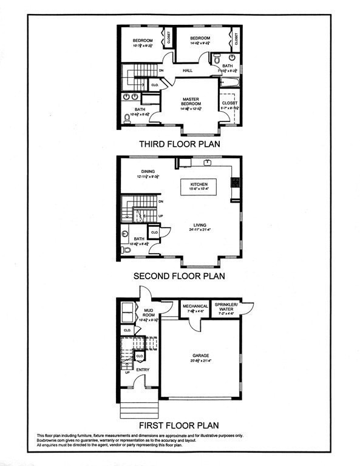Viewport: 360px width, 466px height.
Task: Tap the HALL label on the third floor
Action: tap(188, 71)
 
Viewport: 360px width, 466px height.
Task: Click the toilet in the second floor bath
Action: tap(126, 249)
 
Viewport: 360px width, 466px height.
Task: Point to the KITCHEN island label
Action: tap(199, 184)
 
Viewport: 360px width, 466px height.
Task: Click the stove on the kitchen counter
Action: tap(234, 182)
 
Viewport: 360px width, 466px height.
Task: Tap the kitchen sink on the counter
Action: tap(208, 163)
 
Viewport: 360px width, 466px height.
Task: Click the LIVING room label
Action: tap(201, 225)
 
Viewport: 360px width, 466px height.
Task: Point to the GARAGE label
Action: tap(201, 356)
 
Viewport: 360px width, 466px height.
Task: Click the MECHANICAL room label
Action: tap(195, 306)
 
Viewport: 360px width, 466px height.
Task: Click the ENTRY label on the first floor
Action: tap(143, 369)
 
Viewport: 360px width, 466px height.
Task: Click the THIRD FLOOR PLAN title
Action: tap(179, 144)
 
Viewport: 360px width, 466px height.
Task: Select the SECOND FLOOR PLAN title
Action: tap(179, 275)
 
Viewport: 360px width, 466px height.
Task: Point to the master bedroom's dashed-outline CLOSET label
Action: tap(229, 103)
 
